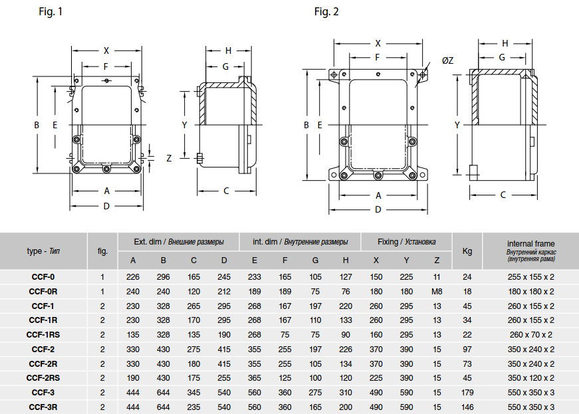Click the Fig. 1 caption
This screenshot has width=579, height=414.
51,12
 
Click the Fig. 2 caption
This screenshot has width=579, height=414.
326,12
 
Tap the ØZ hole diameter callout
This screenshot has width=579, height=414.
447,60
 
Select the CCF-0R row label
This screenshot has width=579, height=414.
43,292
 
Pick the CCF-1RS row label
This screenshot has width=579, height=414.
43,335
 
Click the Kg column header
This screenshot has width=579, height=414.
467,251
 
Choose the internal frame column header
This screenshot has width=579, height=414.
531,251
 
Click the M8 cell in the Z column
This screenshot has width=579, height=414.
437,292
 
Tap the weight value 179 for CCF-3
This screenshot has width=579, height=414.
467,393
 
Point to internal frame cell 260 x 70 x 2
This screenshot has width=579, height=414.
531,335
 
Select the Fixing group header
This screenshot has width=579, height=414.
407,242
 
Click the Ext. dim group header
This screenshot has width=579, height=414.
179,242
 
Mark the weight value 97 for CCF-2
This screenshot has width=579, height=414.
467,349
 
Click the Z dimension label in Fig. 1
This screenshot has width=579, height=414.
169,158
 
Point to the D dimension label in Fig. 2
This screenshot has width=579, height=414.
378,209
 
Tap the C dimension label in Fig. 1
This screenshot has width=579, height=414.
227,191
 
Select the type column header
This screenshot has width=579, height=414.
43,251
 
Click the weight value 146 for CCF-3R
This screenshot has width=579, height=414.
467,407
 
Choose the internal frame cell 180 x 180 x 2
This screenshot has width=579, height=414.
531,292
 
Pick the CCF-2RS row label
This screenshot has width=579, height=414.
43,378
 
